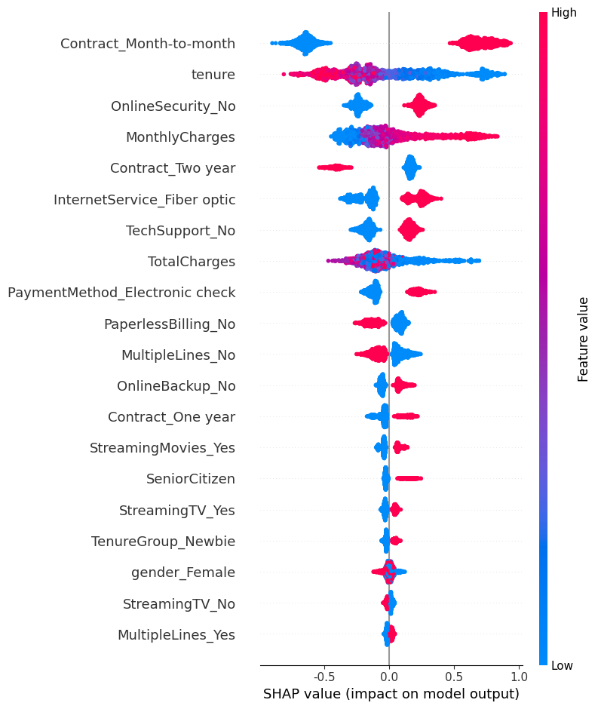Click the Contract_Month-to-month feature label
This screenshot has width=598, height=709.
(x=148, y=44)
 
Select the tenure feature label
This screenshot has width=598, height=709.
(x=213, y=75)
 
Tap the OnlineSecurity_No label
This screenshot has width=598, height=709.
(x=173, y=106)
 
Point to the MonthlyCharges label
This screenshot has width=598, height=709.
(x=180, y=137)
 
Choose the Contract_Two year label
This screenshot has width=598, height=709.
(x=172, y=168)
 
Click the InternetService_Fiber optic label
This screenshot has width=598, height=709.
(x=144, y=200)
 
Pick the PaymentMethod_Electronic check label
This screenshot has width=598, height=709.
(x=121, y=292)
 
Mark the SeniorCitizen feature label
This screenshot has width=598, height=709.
(x=190, y=479)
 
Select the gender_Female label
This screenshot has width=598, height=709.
(x=183, y=572)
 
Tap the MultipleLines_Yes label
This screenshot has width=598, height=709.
(x=176, y=635)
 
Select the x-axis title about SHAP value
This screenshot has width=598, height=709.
(x=391, y=694)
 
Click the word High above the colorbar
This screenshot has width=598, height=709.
(x=564, y=12)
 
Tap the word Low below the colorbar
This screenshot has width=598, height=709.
(x=563, y=665)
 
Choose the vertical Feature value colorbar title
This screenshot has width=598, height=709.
(x=583, y=339)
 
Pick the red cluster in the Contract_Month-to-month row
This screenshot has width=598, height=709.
(x=480, y=43)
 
